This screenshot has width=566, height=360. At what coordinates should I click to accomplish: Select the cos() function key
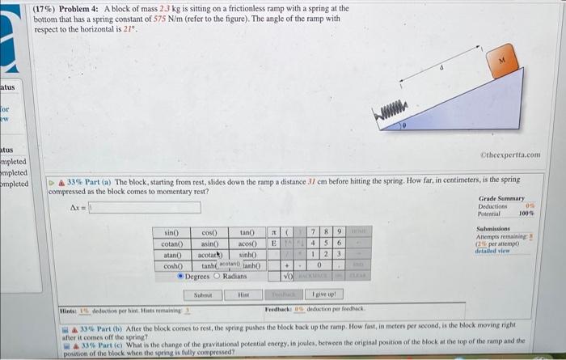210,233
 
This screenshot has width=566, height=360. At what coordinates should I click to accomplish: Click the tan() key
247,233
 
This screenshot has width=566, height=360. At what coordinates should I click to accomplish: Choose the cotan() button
172,244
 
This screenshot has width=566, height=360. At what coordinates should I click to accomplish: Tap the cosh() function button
172,265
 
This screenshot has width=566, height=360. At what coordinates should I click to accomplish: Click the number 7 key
311,233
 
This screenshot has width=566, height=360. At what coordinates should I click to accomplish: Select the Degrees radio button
182,277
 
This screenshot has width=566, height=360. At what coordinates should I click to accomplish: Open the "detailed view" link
493,250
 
